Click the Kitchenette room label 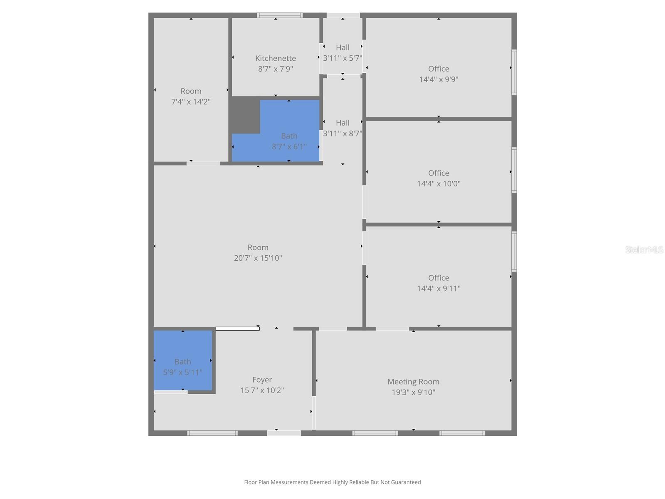tap(276, 58)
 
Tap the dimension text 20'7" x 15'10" tap(258, 258)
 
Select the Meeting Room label tap(413, 382)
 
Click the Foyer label tap(262, 380)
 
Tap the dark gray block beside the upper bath tap(245, 115)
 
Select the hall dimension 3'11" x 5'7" tap(342, 58)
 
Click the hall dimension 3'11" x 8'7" tap(342, 133)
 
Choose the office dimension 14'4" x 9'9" tap(438, 79)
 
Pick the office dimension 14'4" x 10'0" tap(438, 184)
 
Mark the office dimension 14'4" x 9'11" tap(438, 289)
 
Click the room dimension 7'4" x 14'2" tap(191, 102)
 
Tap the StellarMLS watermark tap(644, 249)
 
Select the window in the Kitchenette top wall tap(279, 15)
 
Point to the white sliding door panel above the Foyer tap(237, 329)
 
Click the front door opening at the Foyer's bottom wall tap(284, 433)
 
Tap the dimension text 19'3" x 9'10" tap(413, 392)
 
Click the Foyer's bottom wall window tap(212, 433)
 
